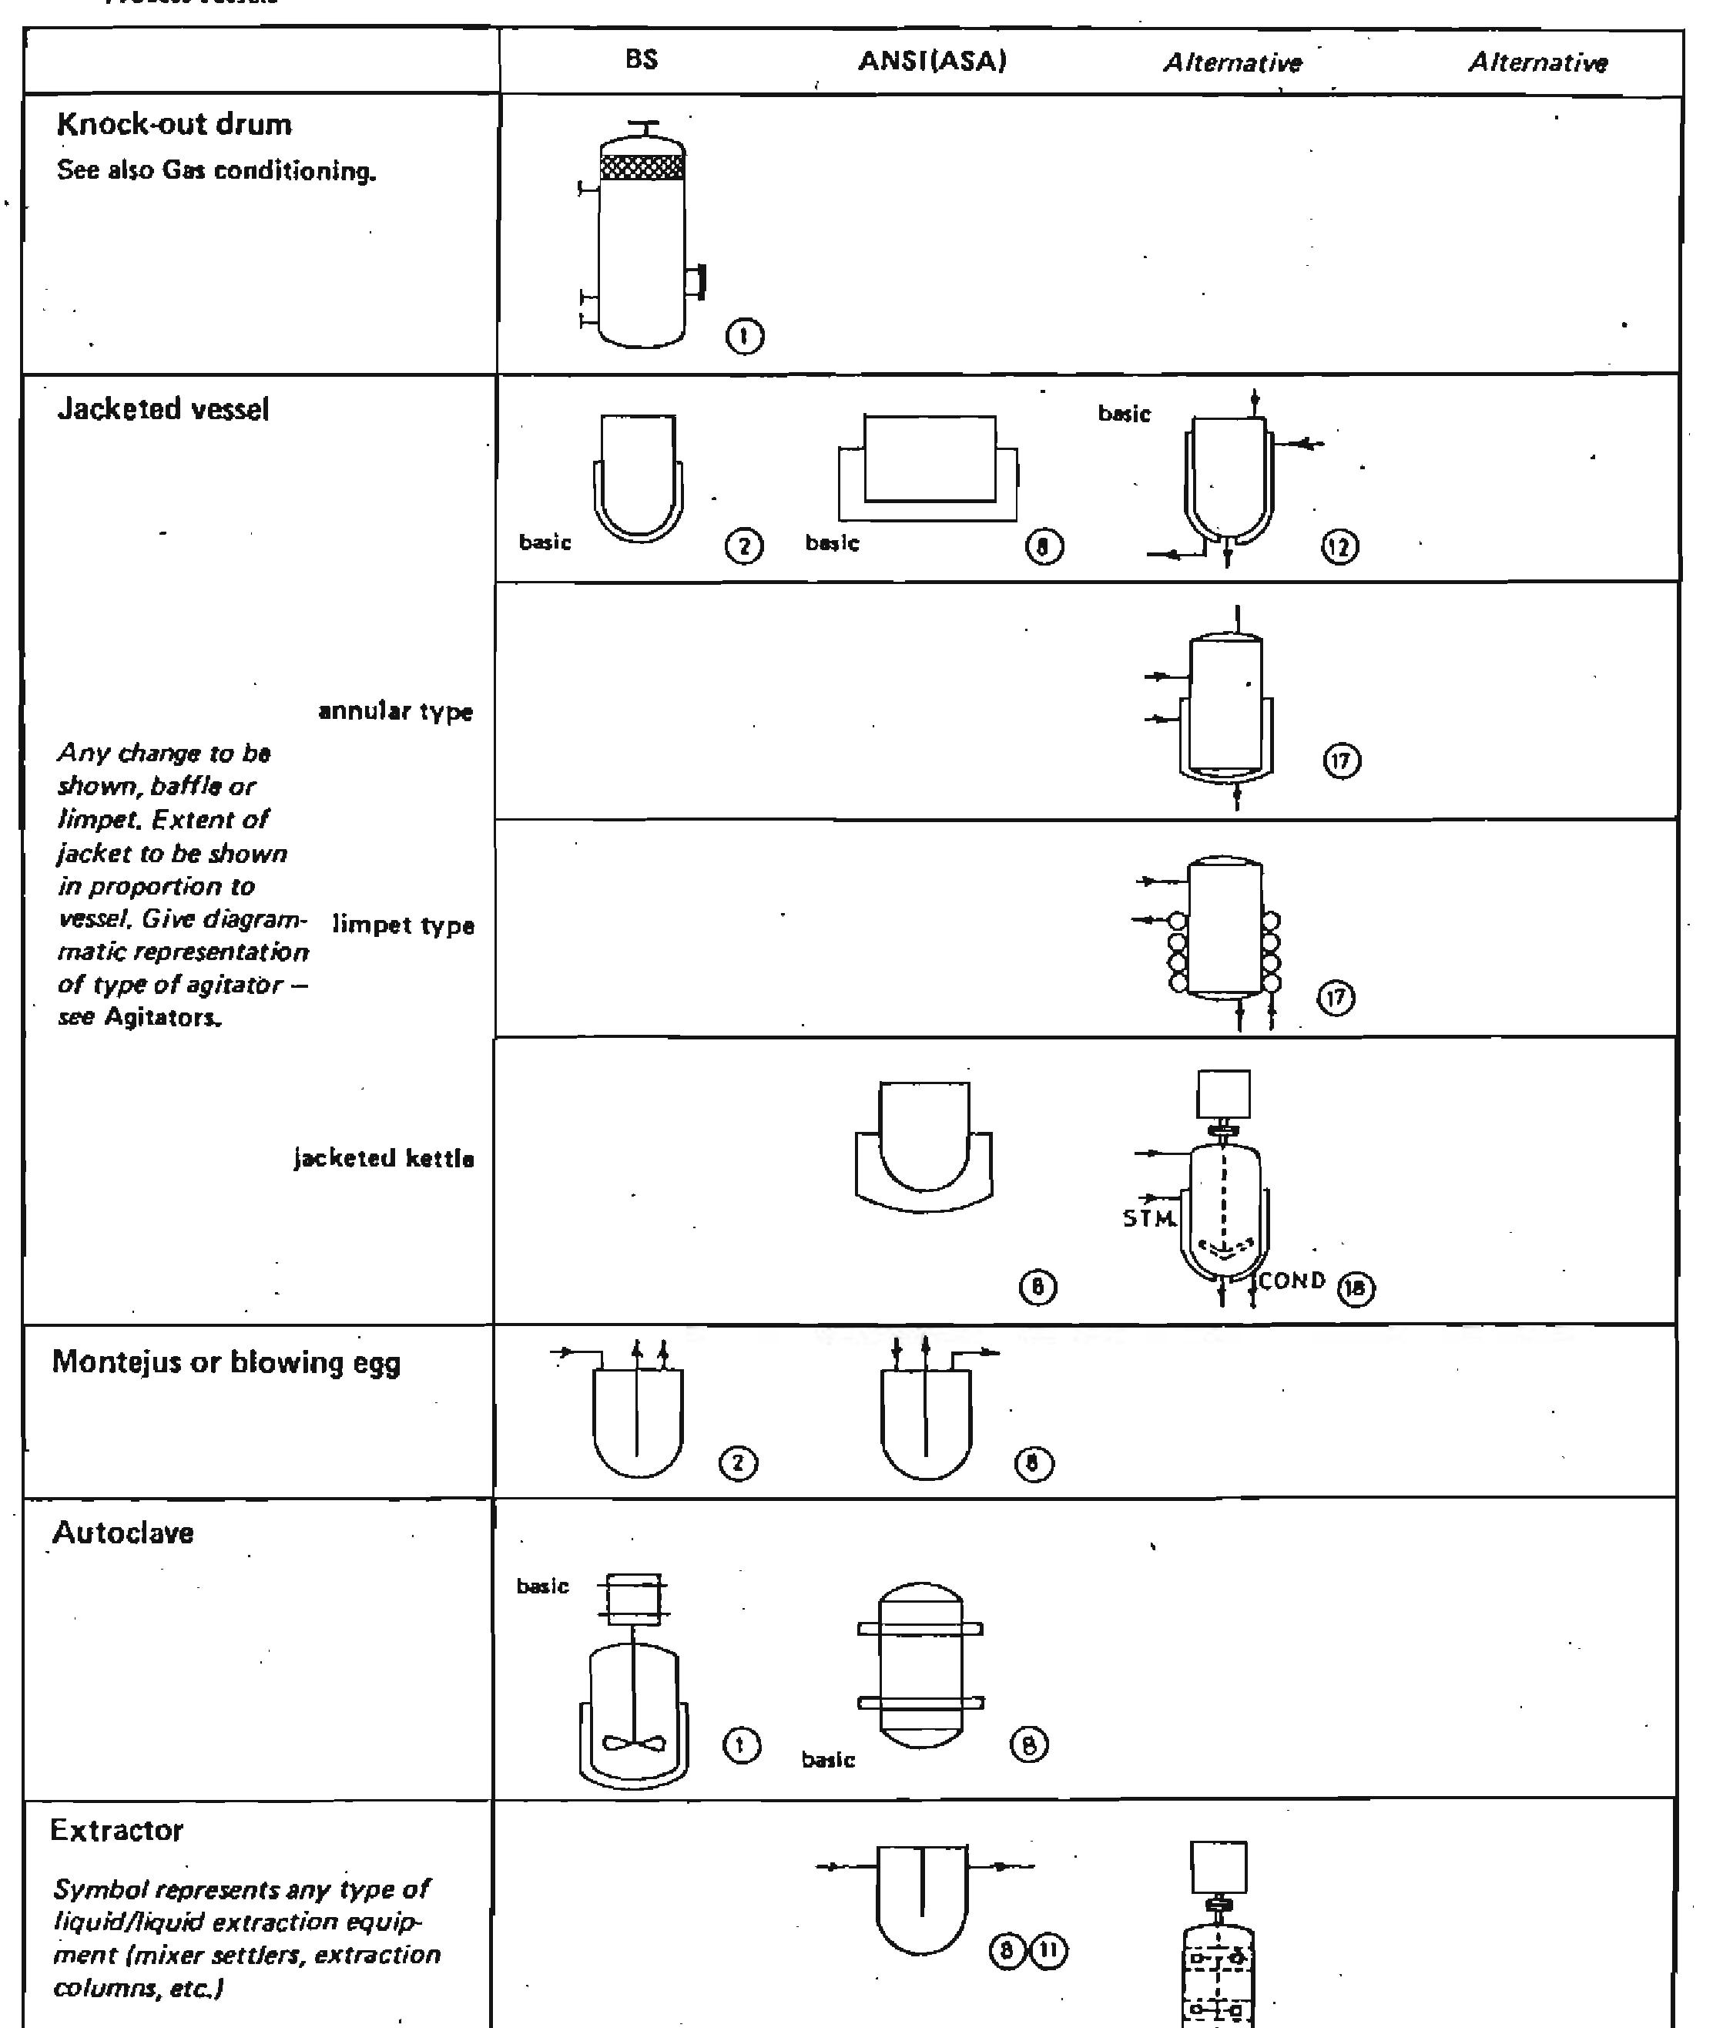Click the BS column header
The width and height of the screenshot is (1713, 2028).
point(641,60)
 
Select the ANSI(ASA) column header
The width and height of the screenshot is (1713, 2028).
point(931,61)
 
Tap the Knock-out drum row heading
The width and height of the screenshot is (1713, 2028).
point(174,124)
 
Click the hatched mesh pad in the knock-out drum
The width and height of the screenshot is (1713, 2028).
point(642,167)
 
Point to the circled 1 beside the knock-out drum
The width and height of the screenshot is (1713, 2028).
point(744,337)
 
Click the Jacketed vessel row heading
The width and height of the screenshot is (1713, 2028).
point(163,409)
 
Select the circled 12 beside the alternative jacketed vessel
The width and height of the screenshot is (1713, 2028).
point(1339,548)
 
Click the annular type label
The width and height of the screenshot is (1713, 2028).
point(395,712)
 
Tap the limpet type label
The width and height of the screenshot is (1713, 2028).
point(403,925)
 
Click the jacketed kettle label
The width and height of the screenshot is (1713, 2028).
point(384,1159)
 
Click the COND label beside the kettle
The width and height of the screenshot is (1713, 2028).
point(1292,1281)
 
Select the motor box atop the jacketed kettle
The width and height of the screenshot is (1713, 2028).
point(1224,1095)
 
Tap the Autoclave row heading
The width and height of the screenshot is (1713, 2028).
point(122,1533)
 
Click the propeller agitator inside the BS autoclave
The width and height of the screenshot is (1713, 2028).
point(634,1744)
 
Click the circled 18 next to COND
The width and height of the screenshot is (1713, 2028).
point(1356,1289)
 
